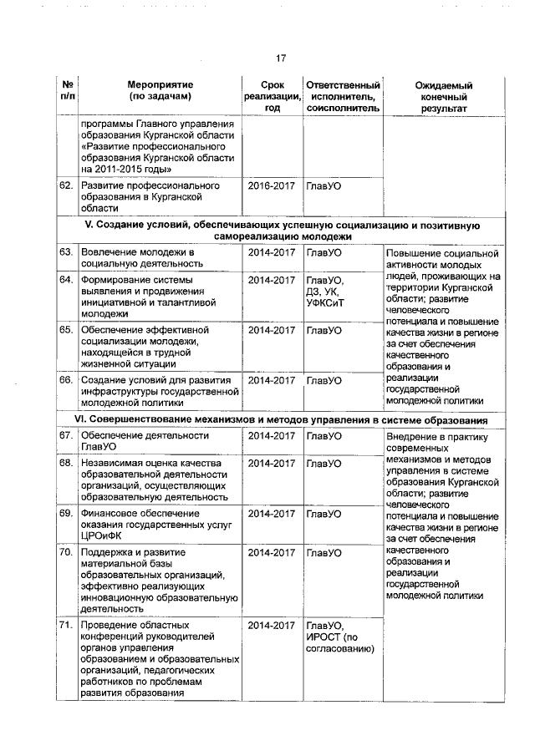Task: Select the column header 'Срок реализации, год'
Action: coord(271,97)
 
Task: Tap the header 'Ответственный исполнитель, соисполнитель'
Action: coord(343,97)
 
